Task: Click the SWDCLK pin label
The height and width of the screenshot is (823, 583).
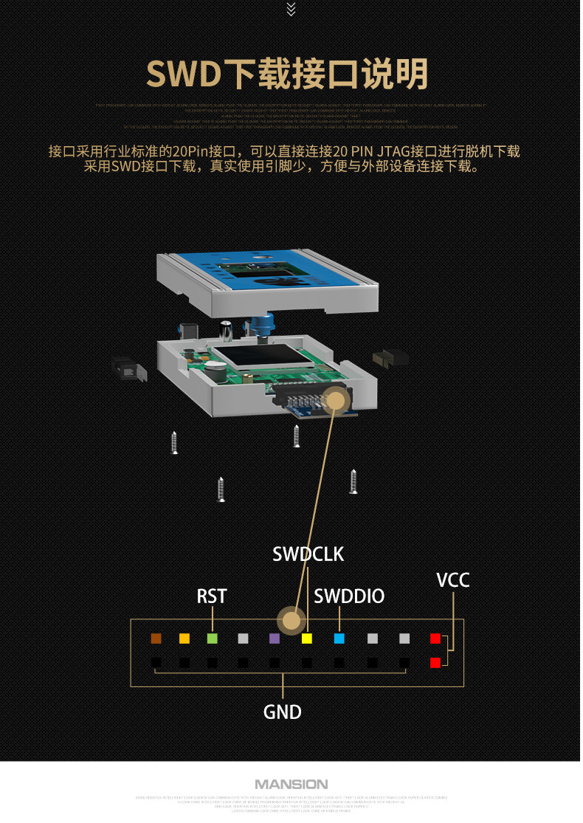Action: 308,554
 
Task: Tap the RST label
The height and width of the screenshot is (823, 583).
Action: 212,596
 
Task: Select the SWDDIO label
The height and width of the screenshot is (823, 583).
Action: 349,596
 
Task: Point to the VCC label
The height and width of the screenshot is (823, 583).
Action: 452,580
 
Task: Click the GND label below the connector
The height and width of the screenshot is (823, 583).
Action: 283,712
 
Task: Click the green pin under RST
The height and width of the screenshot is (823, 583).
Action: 213,638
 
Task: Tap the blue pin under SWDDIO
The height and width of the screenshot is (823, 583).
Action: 339,638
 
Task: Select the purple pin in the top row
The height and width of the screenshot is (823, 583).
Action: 275,638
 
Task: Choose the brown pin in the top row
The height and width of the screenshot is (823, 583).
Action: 156,638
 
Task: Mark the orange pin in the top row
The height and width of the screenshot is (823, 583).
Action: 184,638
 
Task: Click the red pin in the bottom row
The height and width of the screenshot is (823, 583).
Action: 435,663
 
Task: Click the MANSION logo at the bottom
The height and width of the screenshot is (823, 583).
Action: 291,784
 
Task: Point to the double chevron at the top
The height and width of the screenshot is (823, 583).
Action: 291,9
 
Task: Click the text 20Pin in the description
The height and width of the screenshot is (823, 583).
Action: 202,151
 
